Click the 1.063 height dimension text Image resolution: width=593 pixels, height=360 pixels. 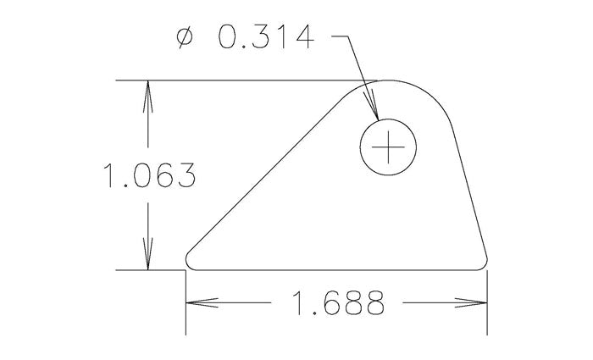pos(149,175)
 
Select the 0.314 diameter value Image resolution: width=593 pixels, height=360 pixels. pos(265,37)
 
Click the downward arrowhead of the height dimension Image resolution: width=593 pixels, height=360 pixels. pos(149,258)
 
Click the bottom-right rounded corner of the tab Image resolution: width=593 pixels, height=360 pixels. pos(486,262)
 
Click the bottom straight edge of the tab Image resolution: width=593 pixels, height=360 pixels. pos(339,270)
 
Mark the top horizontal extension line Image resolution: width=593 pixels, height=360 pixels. pos(254,80)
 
